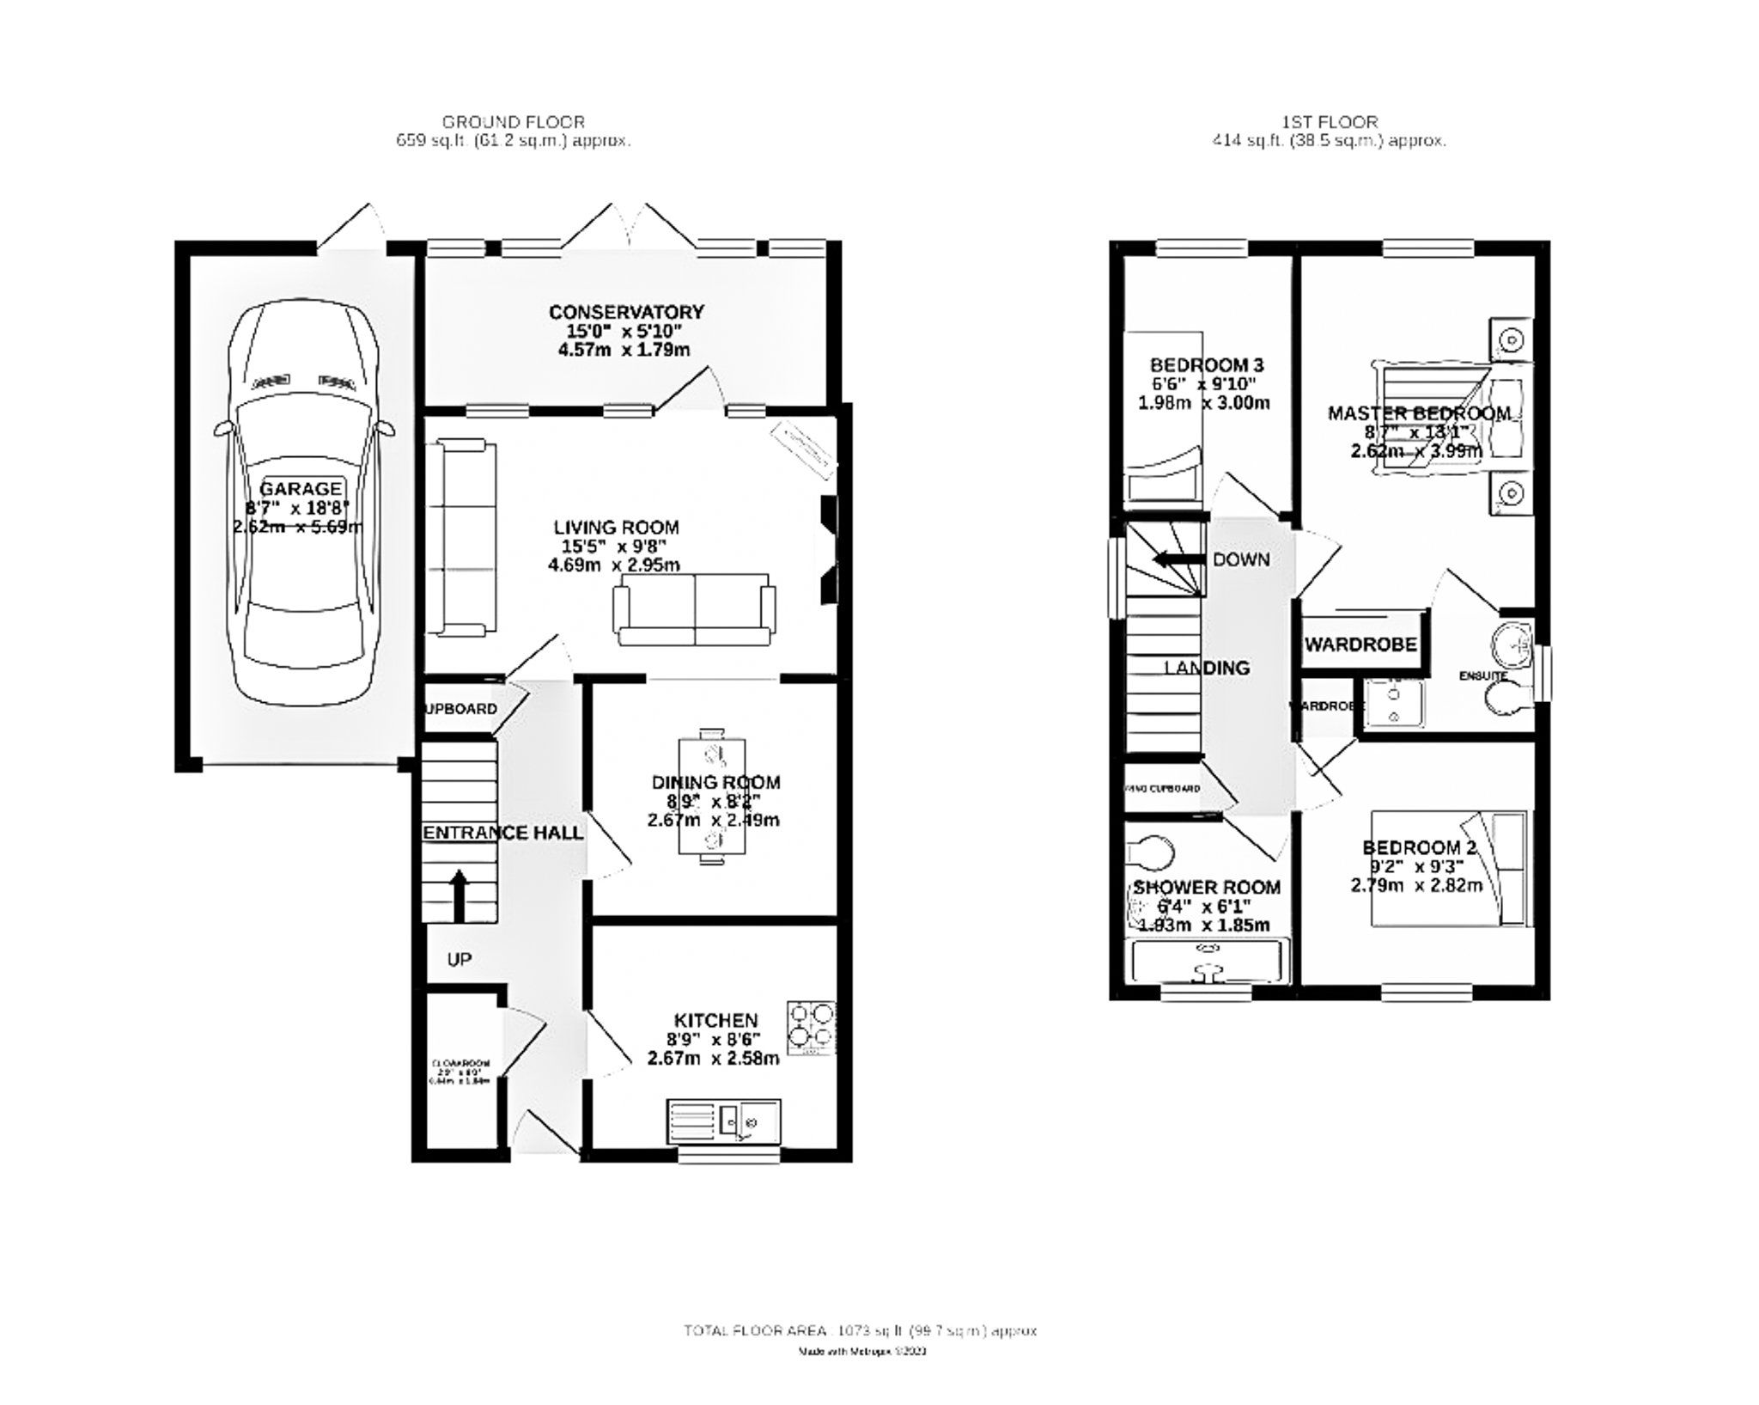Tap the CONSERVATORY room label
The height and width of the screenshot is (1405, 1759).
coord(626,312)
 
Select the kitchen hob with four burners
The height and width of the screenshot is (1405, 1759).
coord(811,1028)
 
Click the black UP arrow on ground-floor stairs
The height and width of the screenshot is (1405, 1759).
coord(459,894)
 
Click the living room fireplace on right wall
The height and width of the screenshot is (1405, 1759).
coord(828,551)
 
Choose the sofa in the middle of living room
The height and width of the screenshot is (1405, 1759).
coord(694,611)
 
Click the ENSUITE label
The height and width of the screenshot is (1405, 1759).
coord(1483,676)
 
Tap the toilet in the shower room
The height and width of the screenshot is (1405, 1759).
coord(1151,853)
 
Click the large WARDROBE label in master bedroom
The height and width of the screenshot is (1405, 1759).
coord(1360,644)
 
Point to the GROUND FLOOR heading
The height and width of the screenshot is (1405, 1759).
coord(513,122)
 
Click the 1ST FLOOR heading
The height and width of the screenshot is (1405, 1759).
coord(1329,122)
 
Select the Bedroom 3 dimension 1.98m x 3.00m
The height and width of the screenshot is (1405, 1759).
coord(1203,402)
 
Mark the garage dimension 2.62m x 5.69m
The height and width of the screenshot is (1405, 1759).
coord(297,527)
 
